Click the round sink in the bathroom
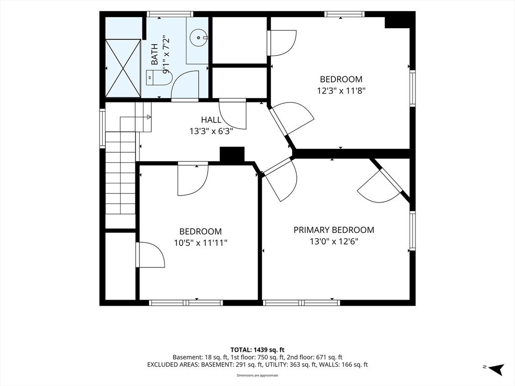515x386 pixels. coord(199,37)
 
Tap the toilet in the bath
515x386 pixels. coord(159,78)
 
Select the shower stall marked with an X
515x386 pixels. coord(123,68)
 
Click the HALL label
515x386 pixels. coord(211,120)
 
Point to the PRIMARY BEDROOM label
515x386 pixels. coord(334,230)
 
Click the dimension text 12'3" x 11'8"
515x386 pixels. coord(341,90)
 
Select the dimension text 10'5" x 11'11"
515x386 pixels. coord(201,243)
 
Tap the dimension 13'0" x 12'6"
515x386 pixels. coord(334,242)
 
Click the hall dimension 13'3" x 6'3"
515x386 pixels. coord(211,131)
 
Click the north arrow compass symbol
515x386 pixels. coord(496,368)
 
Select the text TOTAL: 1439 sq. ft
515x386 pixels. coord(257,350)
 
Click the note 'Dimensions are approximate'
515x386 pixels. coord(257,375)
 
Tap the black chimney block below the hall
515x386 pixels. coord(232,154)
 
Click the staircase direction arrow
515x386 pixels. coord(149,117)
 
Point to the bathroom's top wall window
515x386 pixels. coord(169,14)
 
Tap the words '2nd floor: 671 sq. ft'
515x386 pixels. coord(315,357)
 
